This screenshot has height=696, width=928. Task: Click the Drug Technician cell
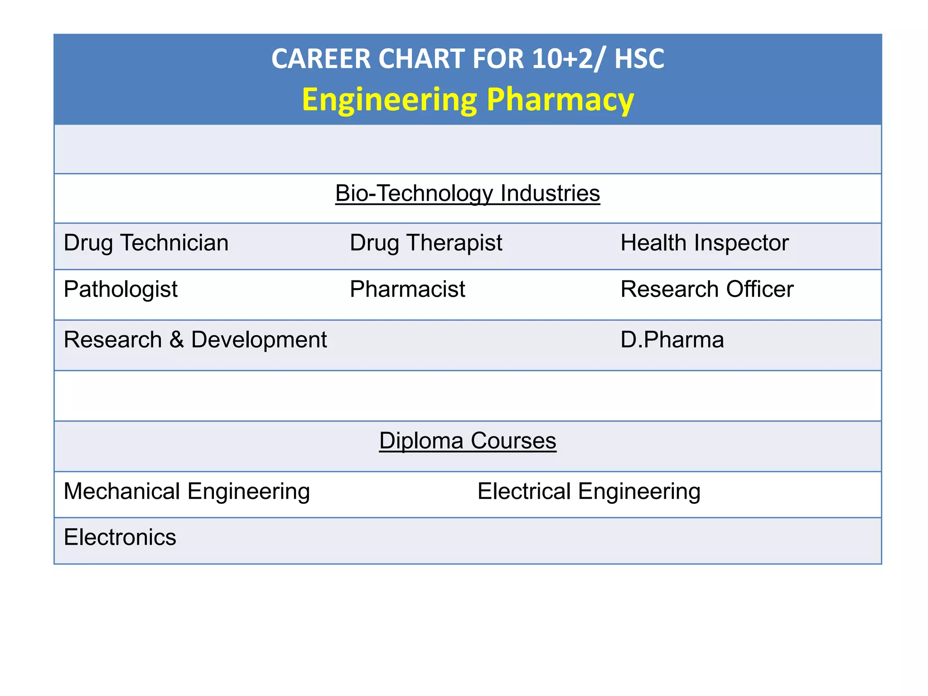click(146, 243)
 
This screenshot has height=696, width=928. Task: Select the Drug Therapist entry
click(425, 243)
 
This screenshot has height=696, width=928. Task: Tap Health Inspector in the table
click(704, 243)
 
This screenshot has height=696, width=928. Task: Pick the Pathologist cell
click(121, 290)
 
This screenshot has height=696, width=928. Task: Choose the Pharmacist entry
click(407, 290)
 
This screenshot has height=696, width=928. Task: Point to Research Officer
click(706, 290)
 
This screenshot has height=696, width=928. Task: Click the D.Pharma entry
click(672, 340)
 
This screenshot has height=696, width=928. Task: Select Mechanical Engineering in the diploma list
click(187, 492)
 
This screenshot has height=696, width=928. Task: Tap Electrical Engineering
click(589, 492)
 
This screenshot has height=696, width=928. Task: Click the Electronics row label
click(120, 537)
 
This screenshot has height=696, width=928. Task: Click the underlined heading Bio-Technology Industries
click(467, 193)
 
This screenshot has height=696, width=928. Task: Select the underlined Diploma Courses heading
click(467, 441)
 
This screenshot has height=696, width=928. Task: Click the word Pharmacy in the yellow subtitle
click(560, 100)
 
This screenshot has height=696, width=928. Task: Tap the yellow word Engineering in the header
click(389, 100)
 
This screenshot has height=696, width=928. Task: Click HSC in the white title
click(639, 59)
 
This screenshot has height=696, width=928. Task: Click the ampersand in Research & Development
click(177, 340)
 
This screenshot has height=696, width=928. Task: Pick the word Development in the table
click(259, 340)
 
